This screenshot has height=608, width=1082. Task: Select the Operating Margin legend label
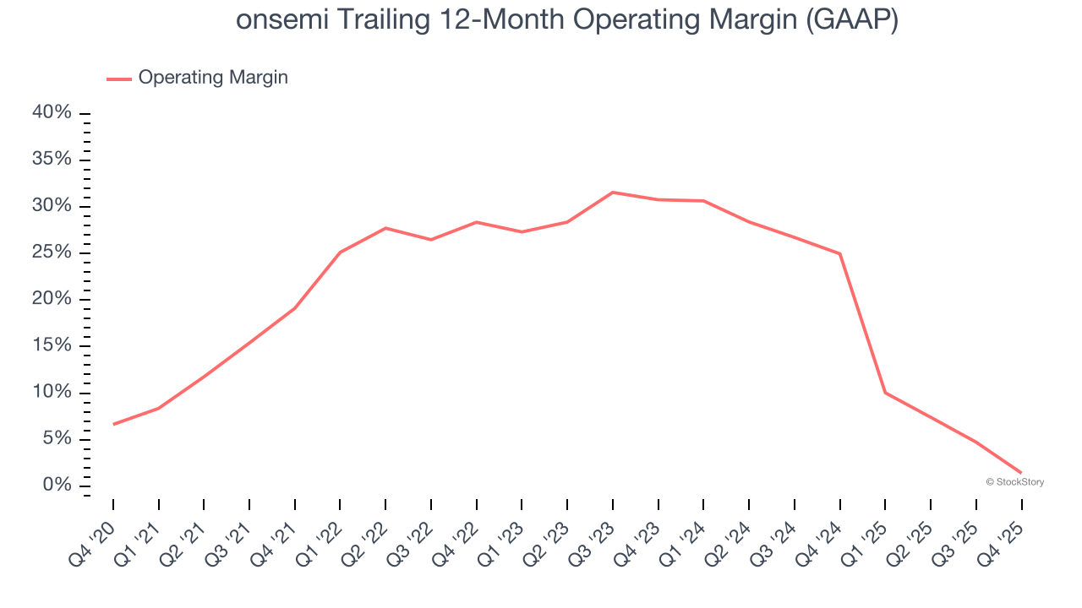[213, 78]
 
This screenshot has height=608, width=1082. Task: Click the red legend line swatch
[119, 79]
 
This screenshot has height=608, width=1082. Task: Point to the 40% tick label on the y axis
[52, 113]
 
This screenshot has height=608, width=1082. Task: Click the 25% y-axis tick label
[52, 252]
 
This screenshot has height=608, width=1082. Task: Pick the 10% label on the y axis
[52, 392]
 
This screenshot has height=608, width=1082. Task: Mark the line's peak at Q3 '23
[613, 193]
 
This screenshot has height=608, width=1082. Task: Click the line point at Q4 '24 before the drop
[839, 253]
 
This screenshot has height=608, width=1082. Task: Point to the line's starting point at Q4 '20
[113, 424]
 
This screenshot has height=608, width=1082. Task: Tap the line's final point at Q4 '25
[1021, 472]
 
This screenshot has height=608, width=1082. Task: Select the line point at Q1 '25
[885, 393]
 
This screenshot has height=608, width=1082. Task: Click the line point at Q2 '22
[385, 228]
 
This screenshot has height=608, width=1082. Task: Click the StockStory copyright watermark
[1015, 482]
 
